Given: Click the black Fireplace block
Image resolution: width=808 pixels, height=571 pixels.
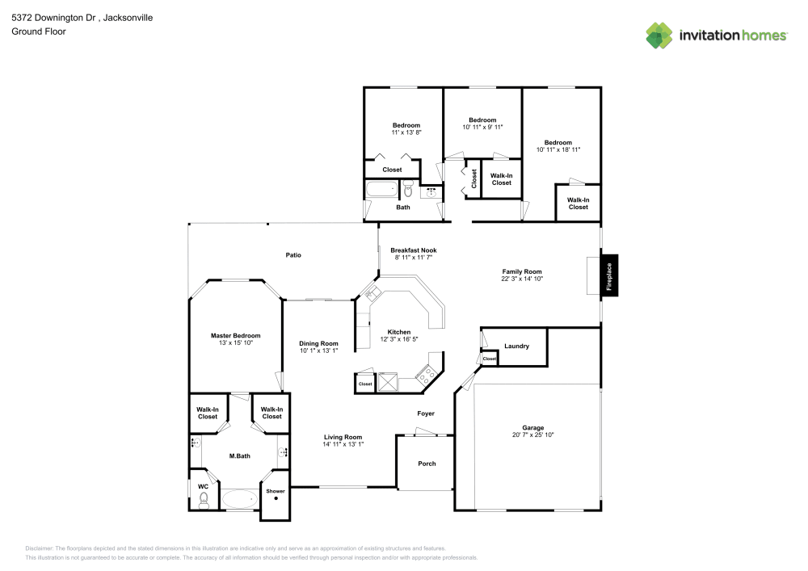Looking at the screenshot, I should [609, 276].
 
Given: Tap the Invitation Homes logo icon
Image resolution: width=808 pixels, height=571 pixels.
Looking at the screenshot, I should [659, 35].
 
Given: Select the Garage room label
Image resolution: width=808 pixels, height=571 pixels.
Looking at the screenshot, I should [532, 428].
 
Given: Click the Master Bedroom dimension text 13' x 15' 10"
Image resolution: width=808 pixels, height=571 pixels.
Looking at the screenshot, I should [236, 343].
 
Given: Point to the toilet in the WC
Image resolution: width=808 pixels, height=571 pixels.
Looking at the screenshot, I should [203, 502].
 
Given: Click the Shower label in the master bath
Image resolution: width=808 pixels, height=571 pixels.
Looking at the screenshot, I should [276, 491].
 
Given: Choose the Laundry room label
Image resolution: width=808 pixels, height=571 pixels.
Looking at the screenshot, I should [516, 346].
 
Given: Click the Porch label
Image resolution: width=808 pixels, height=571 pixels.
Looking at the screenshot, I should [427, 464].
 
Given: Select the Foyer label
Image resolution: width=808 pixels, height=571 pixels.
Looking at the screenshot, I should [426, 414].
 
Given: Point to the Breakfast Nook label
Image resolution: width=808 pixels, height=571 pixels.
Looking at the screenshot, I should [413, 250].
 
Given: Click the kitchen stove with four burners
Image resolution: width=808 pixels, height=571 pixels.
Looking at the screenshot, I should [426, 373].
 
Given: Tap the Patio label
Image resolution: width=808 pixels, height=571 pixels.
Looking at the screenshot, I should [293, 255].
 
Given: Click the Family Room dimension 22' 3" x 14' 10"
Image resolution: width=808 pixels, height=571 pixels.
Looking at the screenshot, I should [522, 279].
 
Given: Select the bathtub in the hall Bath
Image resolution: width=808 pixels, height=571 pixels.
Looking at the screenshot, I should [381, 191].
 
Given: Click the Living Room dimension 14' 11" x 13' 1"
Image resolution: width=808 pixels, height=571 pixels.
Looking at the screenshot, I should [343, 443].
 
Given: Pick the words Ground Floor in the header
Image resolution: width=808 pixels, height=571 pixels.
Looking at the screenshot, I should [38, 31].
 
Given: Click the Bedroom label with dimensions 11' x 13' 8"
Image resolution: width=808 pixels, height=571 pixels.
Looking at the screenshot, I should [406, 125].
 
